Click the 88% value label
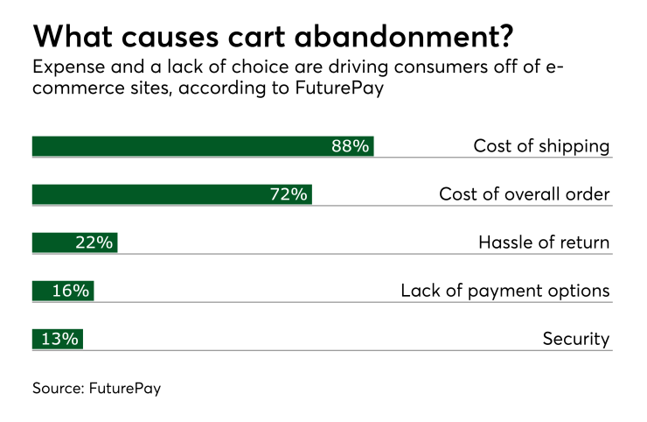(350, 146)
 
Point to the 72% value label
(289, 194)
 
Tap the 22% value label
(94, 243)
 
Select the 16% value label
(70, 291)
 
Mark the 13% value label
(59, 339)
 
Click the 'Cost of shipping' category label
(541, 146)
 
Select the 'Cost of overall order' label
(524, 194)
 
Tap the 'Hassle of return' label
(543, 243)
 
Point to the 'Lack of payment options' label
(504, 291)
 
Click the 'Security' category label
(575, 339)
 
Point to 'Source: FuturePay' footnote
(97, 389)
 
